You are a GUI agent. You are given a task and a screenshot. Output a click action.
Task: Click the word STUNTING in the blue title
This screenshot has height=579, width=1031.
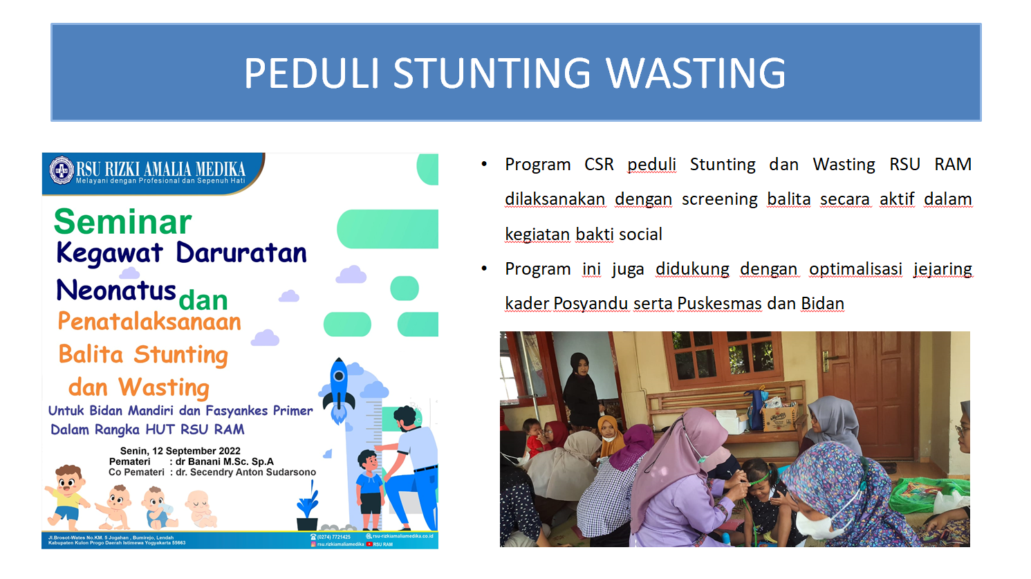coord(492,73)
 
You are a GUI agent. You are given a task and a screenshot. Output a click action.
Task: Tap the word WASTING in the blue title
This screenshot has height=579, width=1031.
coord(695,73)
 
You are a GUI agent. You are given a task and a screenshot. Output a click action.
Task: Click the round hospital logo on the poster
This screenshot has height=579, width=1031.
coord(62,170)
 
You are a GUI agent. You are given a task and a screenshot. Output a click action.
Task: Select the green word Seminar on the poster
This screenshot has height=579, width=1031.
coord(122,222)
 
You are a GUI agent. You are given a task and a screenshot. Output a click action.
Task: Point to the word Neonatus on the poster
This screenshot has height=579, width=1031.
coord(115,291)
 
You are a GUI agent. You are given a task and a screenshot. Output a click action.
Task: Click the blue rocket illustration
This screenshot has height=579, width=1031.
coord(339,389)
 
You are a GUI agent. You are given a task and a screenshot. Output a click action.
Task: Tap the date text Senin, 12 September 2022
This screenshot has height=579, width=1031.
coord(180,451)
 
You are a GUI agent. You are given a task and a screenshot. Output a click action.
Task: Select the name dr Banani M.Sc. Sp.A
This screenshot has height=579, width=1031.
coord(224,461)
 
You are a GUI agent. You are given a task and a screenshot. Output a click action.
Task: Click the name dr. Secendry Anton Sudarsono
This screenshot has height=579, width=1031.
coord(245,472)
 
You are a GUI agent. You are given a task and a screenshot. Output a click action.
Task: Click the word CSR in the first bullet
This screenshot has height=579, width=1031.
coord(599,165)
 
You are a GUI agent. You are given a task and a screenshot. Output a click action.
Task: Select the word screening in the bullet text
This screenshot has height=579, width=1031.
coord(719,199)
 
